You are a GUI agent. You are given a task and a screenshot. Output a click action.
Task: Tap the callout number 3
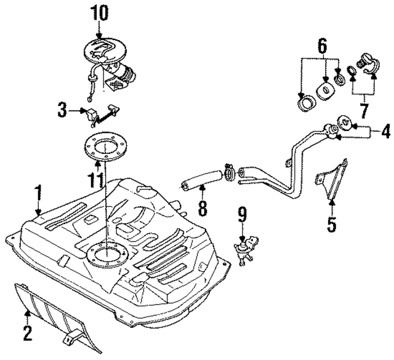(x=62, y=111)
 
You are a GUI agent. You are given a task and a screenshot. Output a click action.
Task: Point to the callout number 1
(x=38, y=193)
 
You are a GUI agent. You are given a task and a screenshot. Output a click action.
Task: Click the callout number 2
(x=26, y=334)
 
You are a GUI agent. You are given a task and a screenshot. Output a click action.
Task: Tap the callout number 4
(x=385, y=130)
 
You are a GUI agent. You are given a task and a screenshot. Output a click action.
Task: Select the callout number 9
(x=243, y=214)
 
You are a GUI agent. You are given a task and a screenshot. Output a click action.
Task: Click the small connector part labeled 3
(x=96, y=114)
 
